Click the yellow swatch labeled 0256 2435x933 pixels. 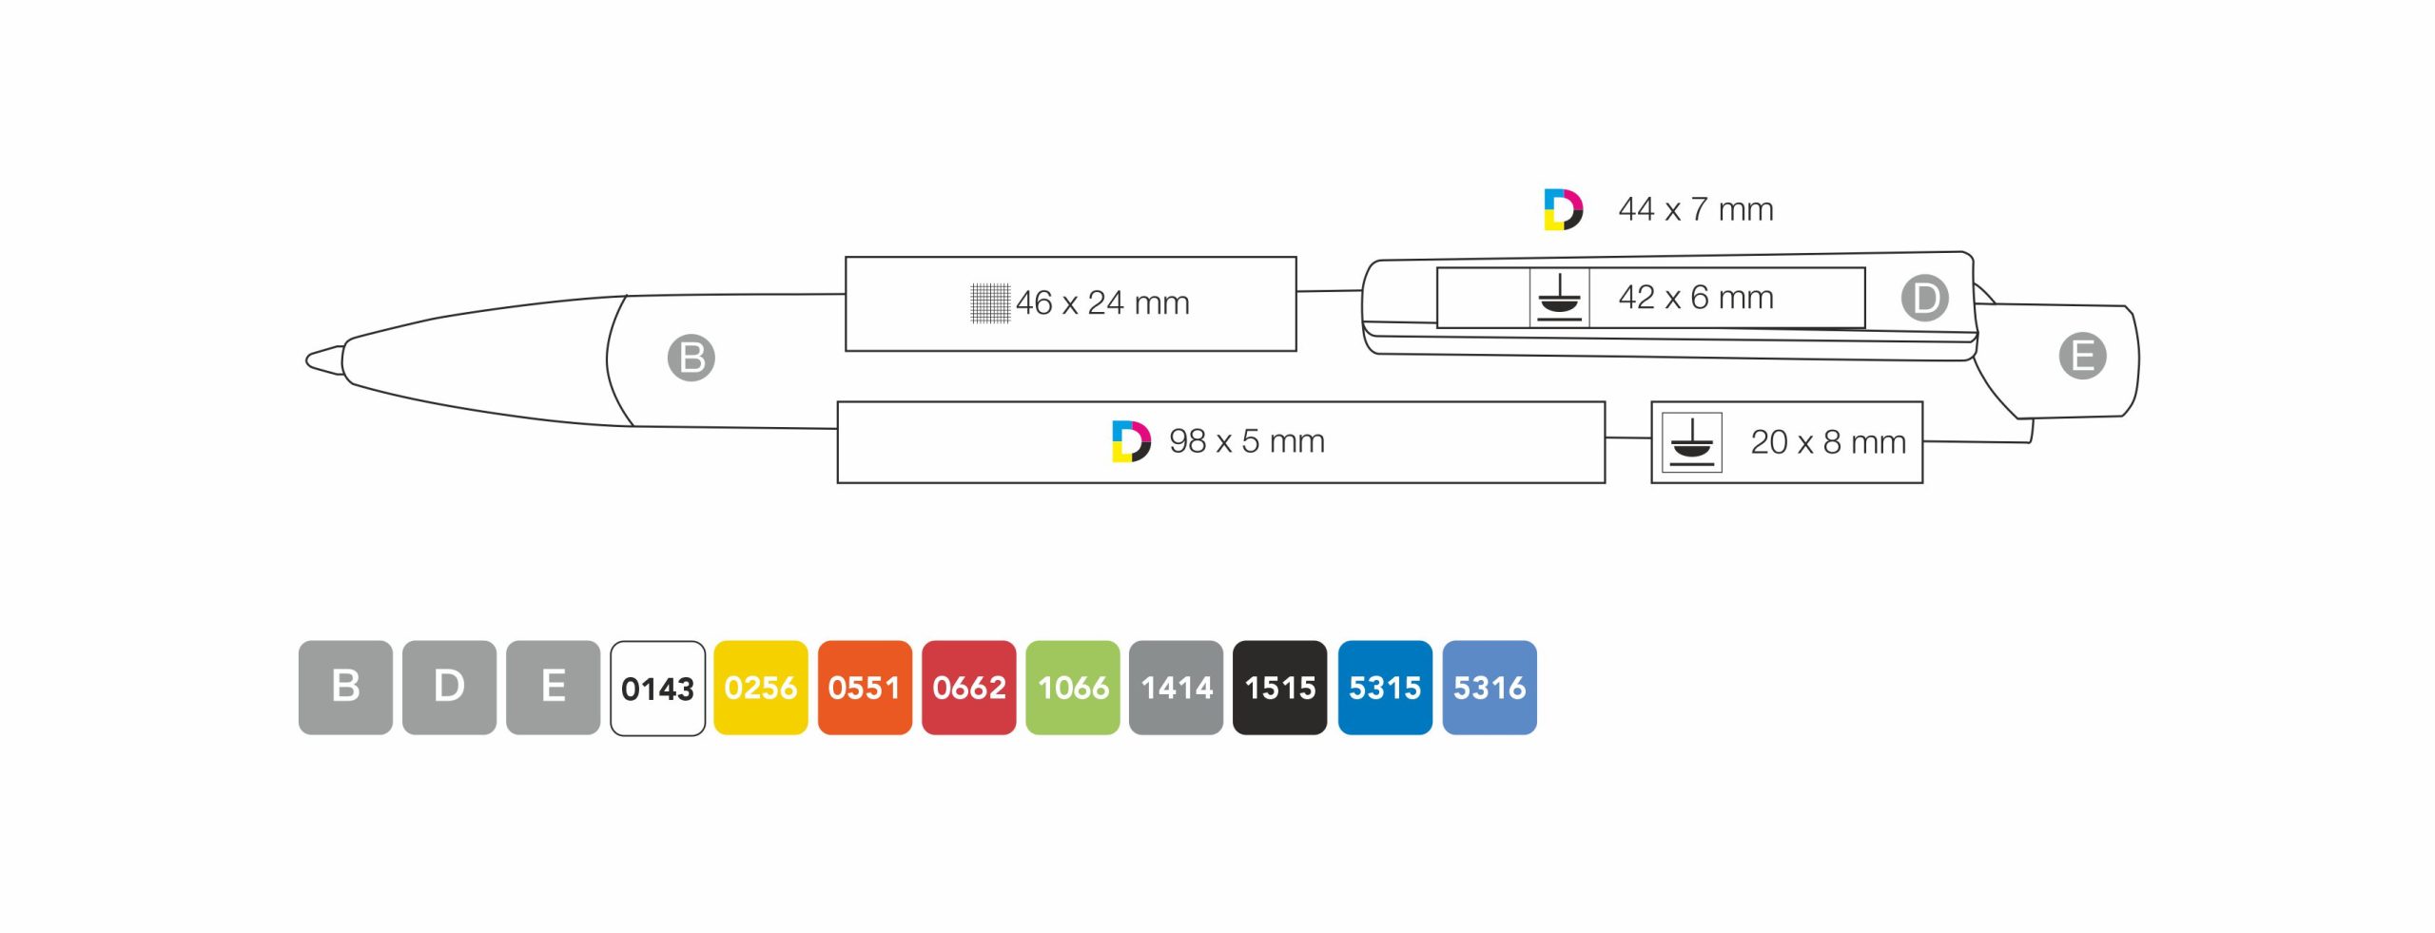tap(760, 687)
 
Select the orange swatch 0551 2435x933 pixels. tap(865, 687)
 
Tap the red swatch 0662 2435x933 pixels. tap(968, 687)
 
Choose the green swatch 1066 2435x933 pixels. tap(1072, 687)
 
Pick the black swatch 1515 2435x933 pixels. tap(1279, 687)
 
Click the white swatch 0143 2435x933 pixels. tap(657, 688)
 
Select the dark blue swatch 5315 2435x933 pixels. tap(1385, 687)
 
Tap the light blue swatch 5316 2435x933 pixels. tap(1490, 687)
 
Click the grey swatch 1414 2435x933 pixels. tap(1176, 687)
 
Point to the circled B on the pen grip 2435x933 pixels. tap(691, 358)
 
